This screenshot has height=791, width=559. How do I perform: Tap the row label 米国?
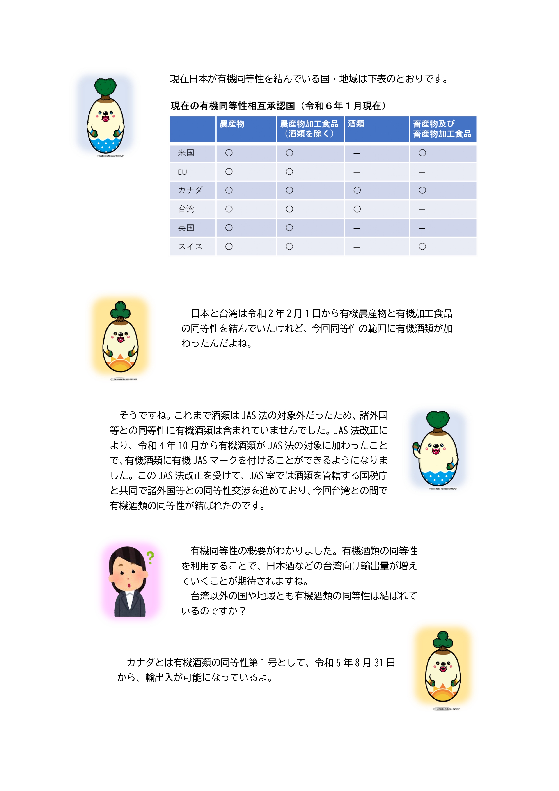point(186,153)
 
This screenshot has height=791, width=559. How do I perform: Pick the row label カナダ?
point(190,190)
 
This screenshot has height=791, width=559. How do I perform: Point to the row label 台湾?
point(186,209)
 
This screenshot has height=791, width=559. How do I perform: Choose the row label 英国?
point(186,228)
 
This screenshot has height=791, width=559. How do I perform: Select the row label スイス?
point(190,247)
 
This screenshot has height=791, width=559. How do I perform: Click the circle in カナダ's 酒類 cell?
point(357,190)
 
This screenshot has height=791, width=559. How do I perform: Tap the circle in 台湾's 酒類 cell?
point(357,209)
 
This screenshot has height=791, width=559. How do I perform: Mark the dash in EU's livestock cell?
point(422,172)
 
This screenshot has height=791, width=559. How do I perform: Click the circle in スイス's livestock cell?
point(422,247)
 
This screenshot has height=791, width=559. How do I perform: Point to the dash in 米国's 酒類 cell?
point(357,153)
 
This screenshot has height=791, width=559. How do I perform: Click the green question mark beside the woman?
point(150,557)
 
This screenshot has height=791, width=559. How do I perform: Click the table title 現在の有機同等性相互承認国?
point(233,106)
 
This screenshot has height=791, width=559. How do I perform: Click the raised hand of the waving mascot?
point(416,447)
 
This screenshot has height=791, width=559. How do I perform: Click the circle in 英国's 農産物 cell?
point(229,228)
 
